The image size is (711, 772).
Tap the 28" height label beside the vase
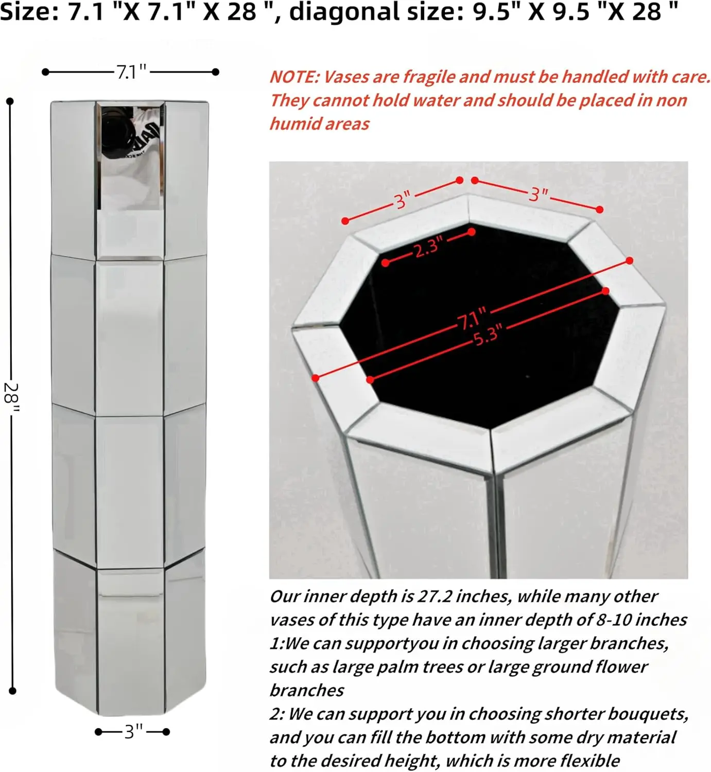(11, 398)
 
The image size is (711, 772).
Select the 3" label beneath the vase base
(133, 731)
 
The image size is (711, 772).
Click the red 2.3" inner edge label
(428, 248)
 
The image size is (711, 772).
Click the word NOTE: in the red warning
(294, 77)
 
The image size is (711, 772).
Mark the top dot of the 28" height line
(10, 101)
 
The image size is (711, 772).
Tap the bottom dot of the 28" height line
(12, 691)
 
